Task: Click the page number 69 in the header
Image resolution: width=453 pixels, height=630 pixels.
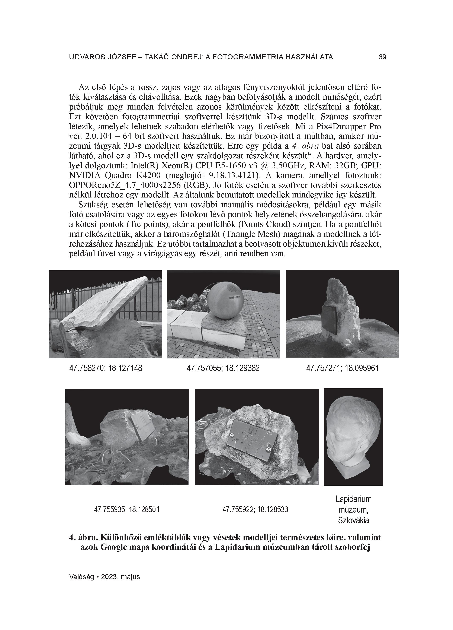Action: (382, 57)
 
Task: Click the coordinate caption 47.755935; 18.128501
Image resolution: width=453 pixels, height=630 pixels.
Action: (126, 510)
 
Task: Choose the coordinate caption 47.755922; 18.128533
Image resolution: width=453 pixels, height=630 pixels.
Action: (255, 510)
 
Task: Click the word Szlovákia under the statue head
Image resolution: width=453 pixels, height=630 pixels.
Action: (353, 520)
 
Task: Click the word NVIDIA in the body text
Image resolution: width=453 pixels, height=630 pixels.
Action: (85, 175)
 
